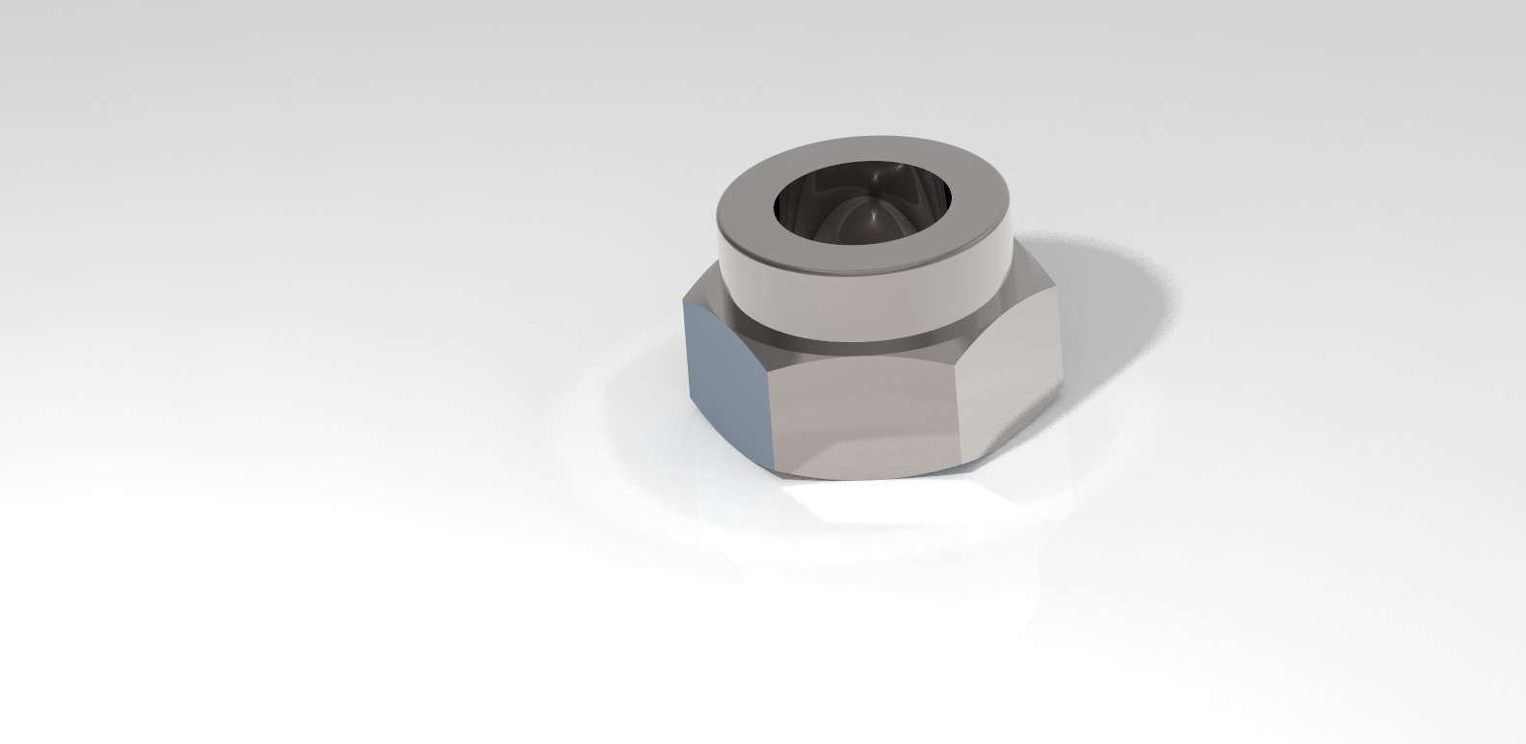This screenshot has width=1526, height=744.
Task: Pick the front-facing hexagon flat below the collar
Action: pyautogui.click(x=867, y=414)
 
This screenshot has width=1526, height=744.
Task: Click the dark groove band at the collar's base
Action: pyautogui.click(x=867, y=339)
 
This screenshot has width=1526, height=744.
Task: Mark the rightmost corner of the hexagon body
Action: pyautogui.click(x=1064, y=385)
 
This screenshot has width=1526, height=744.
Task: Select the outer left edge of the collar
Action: pyautogui.click(x=719, y=251)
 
